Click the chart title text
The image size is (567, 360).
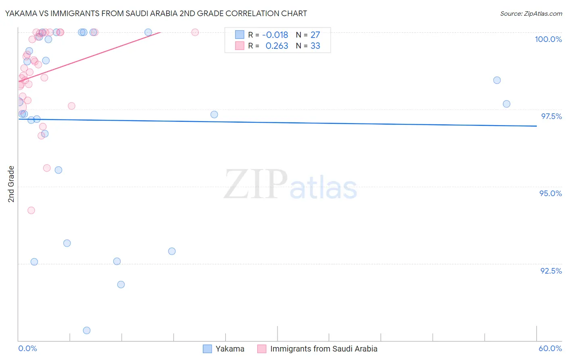(156, 13)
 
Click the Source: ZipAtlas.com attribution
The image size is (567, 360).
(531, 13)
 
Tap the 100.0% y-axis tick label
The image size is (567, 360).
(548, 39)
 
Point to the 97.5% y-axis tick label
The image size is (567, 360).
(551, 116)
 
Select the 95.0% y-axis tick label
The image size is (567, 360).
(550, 193)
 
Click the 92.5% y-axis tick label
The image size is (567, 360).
(551, 271)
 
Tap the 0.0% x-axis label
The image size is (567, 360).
(27, 348)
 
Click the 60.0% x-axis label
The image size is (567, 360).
(550, 348)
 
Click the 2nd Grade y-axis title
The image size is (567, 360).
(11, 184)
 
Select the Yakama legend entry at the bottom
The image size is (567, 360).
(224, 349)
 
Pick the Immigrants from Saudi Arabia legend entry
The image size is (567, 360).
(318, 349)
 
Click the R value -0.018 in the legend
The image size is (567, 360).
(275, 35)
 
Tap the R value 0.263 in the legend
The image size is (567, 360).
(277, 46)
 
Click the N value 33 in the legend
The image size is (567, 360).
(315, 46)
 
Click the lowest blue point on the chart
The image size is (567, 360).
(87, 331)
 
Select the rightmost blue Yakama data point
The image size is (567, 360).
(507, 104)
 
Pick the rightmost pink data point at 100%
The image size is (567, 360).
(195, 32)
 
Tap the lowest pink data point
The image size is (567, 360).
(31, 210)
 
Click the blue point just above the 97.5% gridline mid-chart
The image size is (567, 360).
(214, 115)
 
